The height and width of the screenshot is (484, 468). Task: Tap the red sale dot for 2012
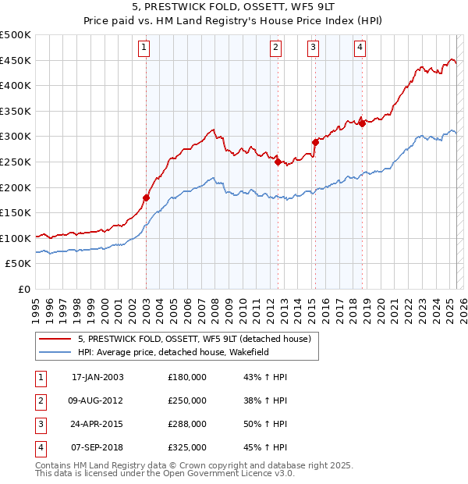[x=278, y=162]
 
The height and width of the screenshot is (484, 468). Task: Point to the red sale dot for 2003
[x=146, y=198]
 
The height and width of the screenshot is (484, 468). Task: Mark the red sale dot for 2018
[x=363, y=123]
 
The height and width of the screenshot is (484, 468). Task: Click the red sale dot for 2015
[x=316, y=142]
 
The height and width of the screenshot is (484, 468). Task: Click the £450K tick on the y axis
[x=16, y=60]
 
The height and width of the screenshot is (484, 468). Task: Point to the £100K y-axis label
[x=16, y=238]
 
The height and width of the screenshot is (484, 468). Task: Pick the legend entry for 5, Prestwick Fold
[x=194, y=339]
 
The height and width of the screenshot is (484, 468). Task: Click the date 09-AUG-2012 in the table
[x=97, y=400]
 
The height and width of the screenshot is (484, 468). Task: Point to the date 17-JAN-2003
[x=97, y=377]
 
